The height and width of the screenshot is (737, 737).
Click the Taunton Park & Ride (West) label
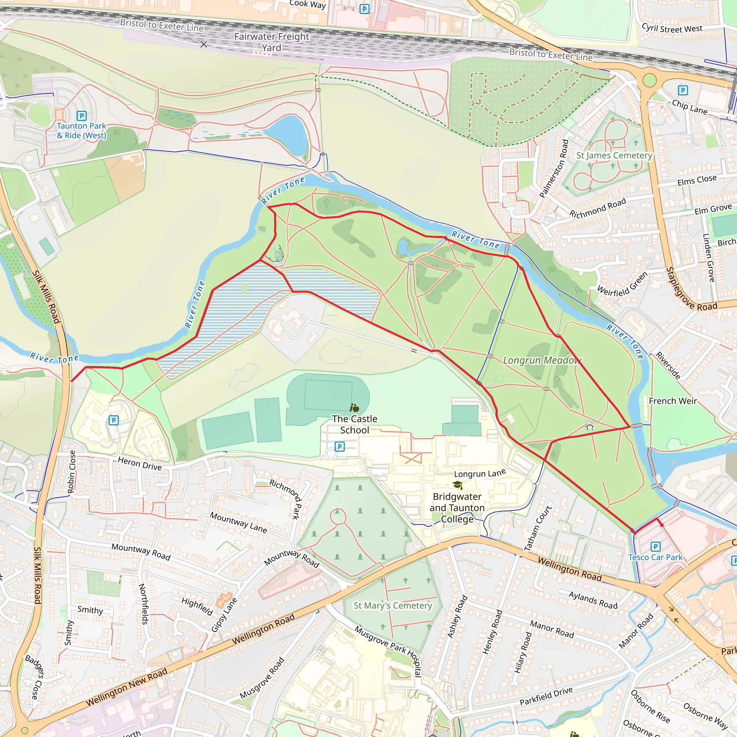point(81,131)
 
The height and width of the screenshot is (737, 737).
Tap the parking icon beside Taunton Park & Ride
point(82,116)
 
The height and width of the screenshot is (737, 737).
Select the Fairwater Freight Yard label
point(271,42)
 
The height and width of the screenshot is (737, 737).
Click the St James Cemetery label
point(614,155)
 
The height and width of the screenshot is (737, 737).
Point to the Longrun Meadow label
point(542,360)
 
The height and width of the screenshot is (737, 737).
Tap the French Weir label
point(673,401)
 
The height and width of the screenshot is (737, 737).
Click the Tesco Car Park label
point(655,557)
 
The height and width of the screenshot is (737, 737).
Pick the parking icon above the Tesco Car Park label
point(655,547)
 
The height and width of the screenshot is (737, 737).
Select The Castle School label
point(354,424)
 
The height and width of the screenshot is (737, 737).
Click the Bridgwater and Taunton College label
point(457,508)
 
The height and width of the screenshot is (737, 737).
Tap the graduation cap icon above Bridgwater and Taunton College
point(457,485)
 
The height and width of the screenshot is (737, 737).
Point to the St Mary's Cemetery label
point(393,605)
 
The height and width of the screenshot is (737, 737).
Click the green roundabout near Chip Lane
point(649,81)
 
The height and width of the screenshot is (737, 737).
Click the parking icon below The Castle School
point(339,446)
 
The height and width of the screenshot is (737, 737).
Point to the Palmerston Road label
point(554,169)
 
